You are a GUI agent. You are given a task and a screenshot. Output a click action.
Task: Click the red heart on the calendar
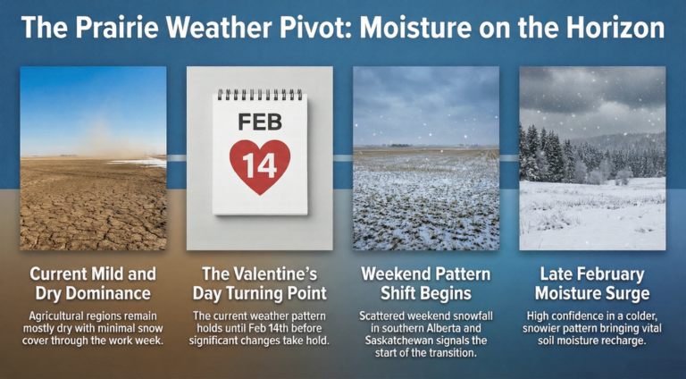click(259, 166)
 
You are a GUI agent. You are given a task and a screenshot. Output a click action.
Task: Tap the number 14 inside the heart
click(259, 164)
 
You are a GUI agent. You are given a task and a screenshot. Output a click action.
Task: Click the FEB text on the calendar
click(259, 120)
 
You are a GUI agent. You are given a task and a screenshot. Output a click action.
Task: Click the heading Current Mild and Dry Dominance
click(93, 282)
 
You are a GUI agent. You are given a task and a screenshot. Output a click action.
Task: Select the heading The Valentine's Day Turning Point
click(259, 282)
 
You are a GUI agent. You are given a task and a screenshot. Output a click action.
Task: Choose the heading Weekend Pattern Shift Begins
click(426, 282)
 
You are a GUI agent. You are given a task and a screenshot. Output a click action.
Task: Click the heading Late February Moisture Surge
click(592, 282)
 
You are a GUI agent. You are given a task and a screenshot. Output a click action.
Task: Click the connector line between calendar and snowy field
click(343, 157)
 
